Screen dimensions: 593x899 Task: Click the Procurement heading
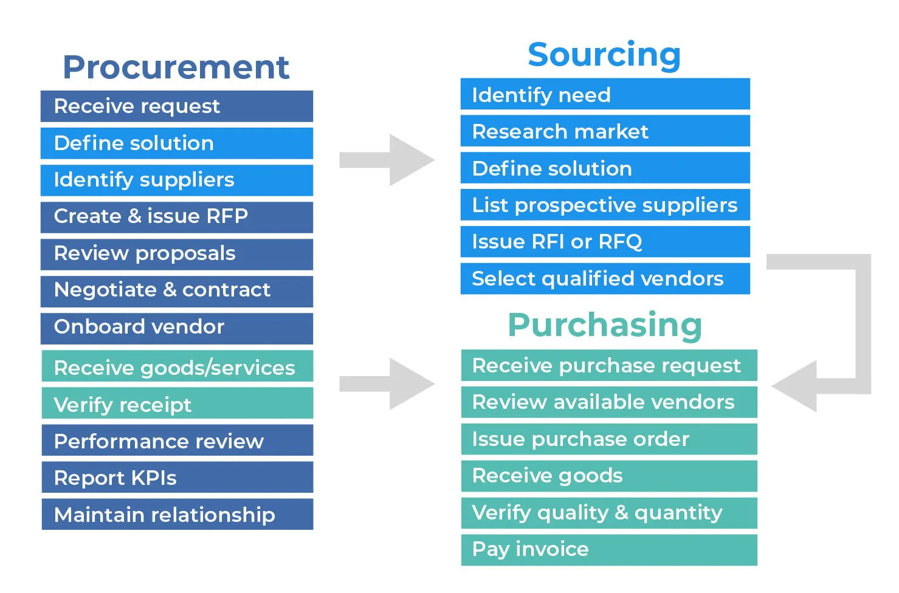(176, 67)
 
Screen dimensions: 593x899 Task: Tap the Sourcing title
(604, 55)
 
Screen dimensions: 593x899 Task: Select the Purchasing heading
(605, 325)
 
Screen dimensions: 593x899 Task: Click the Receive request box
(176, 106)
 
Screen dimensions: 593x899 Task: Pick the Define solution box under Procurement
(176, 143)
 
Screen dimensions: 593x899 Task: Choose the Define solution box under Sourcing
(605, 168)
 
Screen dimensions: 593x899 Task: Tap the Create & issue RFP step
(176, 217)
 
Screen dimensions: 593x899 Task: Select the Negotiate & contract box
(176, 290)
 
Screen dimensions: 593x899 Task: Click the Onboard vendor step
(176, 327)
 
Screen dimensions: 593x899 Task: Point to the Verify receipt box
(176, 405)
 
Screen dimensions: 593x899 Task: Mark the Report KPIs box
(176, 478)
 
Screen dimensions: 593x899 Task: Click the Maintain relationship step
(176, 515)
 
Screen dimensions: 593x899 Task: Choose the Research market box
(605, 131)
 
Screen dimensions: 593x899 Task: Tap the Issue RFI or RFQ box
(605, 242)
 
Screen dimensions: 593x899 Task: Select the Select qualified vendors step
(605, 279)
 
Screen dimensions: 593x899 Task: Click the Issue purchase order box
(608, 439)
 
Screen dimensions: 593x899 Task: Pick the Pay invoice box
(608, 549)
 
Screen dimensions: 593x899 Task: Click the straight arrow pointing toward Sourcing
(387, 160)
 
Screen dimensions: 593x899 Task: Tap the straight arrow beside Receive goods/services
(387, 383)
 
